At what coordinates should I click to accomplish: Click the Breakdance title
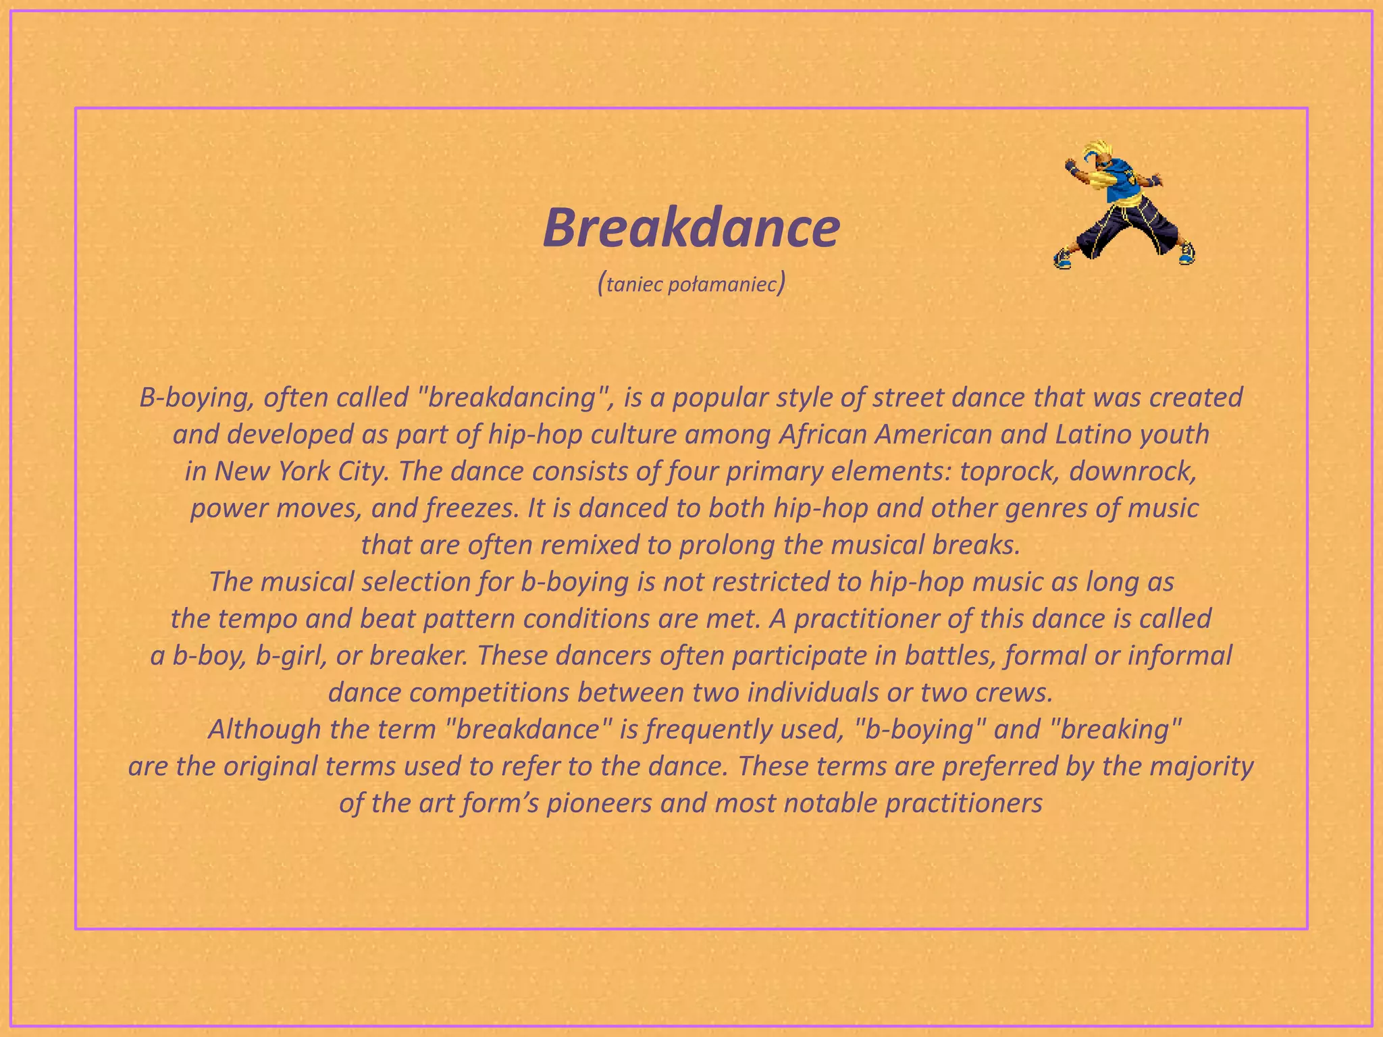(x=691, y=228)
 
